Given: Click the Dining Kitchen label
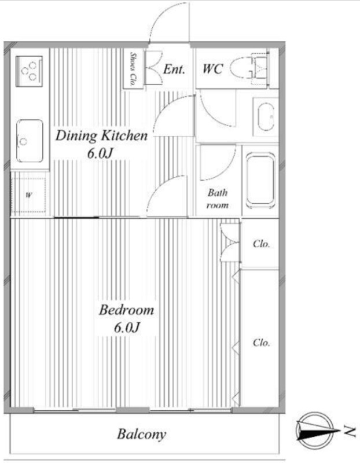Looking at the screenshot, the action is pyautogui.click(x=101, y=136).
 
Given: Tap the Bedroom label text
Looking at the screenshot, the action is pyautogui.click(x=126, y=310).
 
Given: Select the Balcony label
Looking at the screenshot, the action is pyautogui.click(x=141, y=435).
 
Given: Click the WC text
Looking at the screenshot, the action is pyautogui.click(x=212, y=69).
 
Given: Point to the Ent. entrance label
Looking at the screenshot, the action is pyautogui.click(x=174, y=69).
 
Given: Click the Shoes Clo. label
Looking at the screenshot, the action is pyautogui.click(x=133, y=69).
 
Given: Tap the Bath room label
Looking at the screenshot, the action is pyautogui.click(x=218, y=199).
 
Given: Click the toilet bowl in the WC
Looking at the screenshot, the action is pyautogui.click(x=241, y=69).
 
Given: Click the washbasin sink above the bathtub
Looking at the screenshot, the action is pyautogui.click(x=266, y=116).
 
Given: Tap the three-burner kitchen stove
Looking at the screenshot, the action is pyautogui.click(x=29, y=71).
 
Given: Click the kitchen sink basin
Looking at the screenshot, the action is pyautogui.click(x=30, y=141).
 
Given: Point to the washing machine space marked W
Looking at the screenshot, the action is pyautogui.click(x=28, y=194).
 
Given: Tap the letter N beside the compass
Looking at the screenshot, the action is pyautogui.click(x=350, y=431).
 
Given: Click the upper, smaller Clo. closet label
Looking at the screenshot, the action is pyautogui.click(x=262, y=244).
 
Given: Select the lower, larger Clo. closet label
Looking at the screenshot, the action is pyautogui.click(x=262, y=343).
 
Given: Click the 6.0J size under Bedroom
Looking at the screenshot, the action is pyautogui.click(x=126, y=328).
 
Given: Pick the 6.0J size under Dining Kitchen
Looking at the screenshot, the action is pyautogui.click(x=100, y=153).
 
